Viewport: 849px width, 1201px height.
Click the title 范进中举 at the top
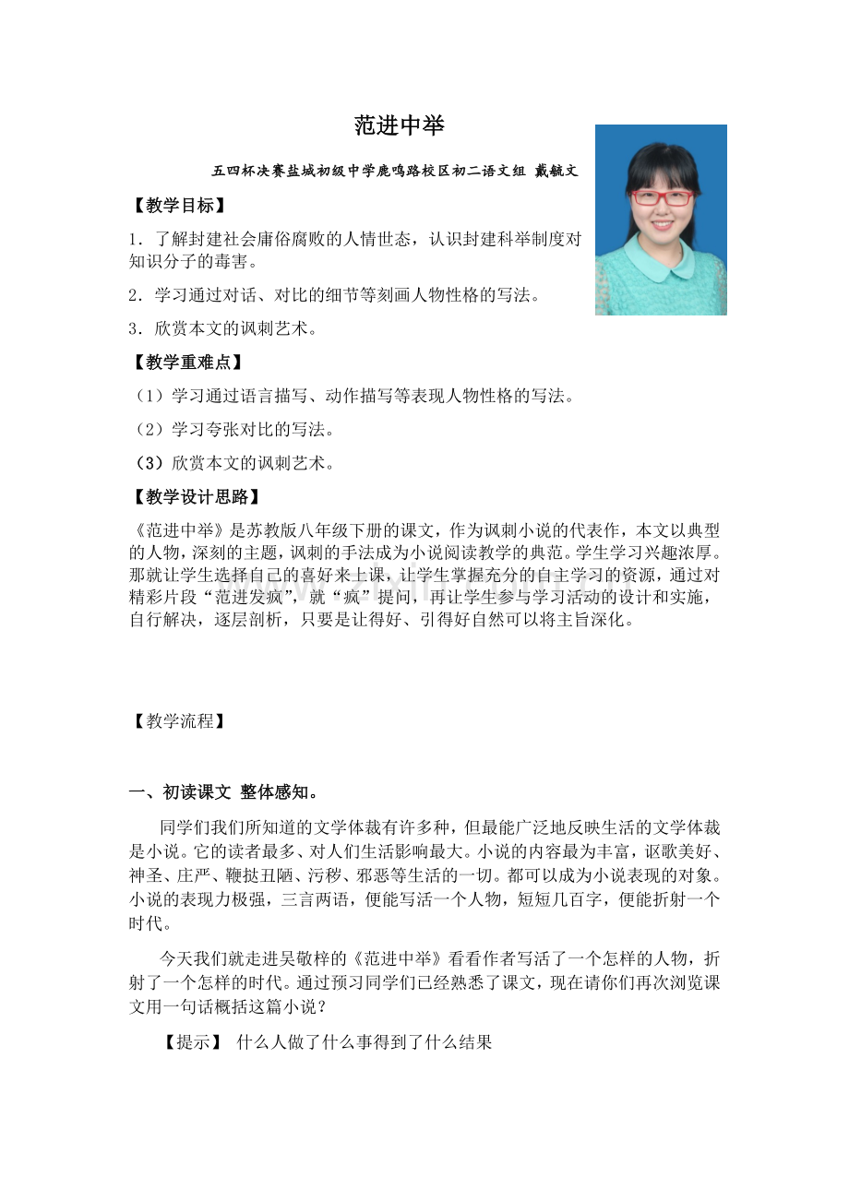coord(399,125)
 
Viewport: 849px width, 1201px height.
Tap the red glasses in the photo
coord(662,197)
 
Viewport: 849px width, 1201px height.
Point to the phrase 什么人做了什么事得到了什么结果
coord(365,1042)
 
